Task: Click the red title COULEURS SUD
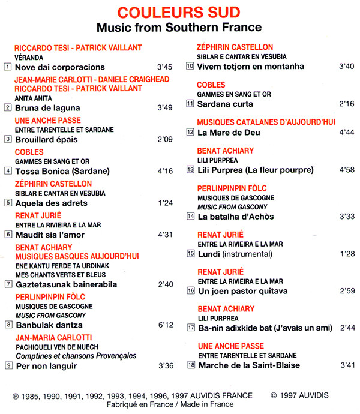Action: pos(179,12)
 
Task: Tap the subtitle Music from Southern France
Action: pos(179,28)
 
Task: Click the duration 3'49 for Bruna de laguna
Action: pos(164,108)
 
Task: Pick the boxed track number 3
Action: pos(8,139)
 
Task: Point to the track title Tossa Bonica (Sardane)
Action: pos(62,171)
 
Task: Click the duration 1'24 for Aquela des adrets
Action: pos(164,203)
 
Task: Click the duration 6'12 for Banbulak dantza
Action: pos(164,325)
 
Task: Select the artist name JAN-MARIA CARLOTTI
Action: pos(53,337)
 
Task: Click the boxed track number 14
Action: pos(191,216)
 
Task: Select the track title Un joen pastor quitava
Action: pos(243,291)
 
